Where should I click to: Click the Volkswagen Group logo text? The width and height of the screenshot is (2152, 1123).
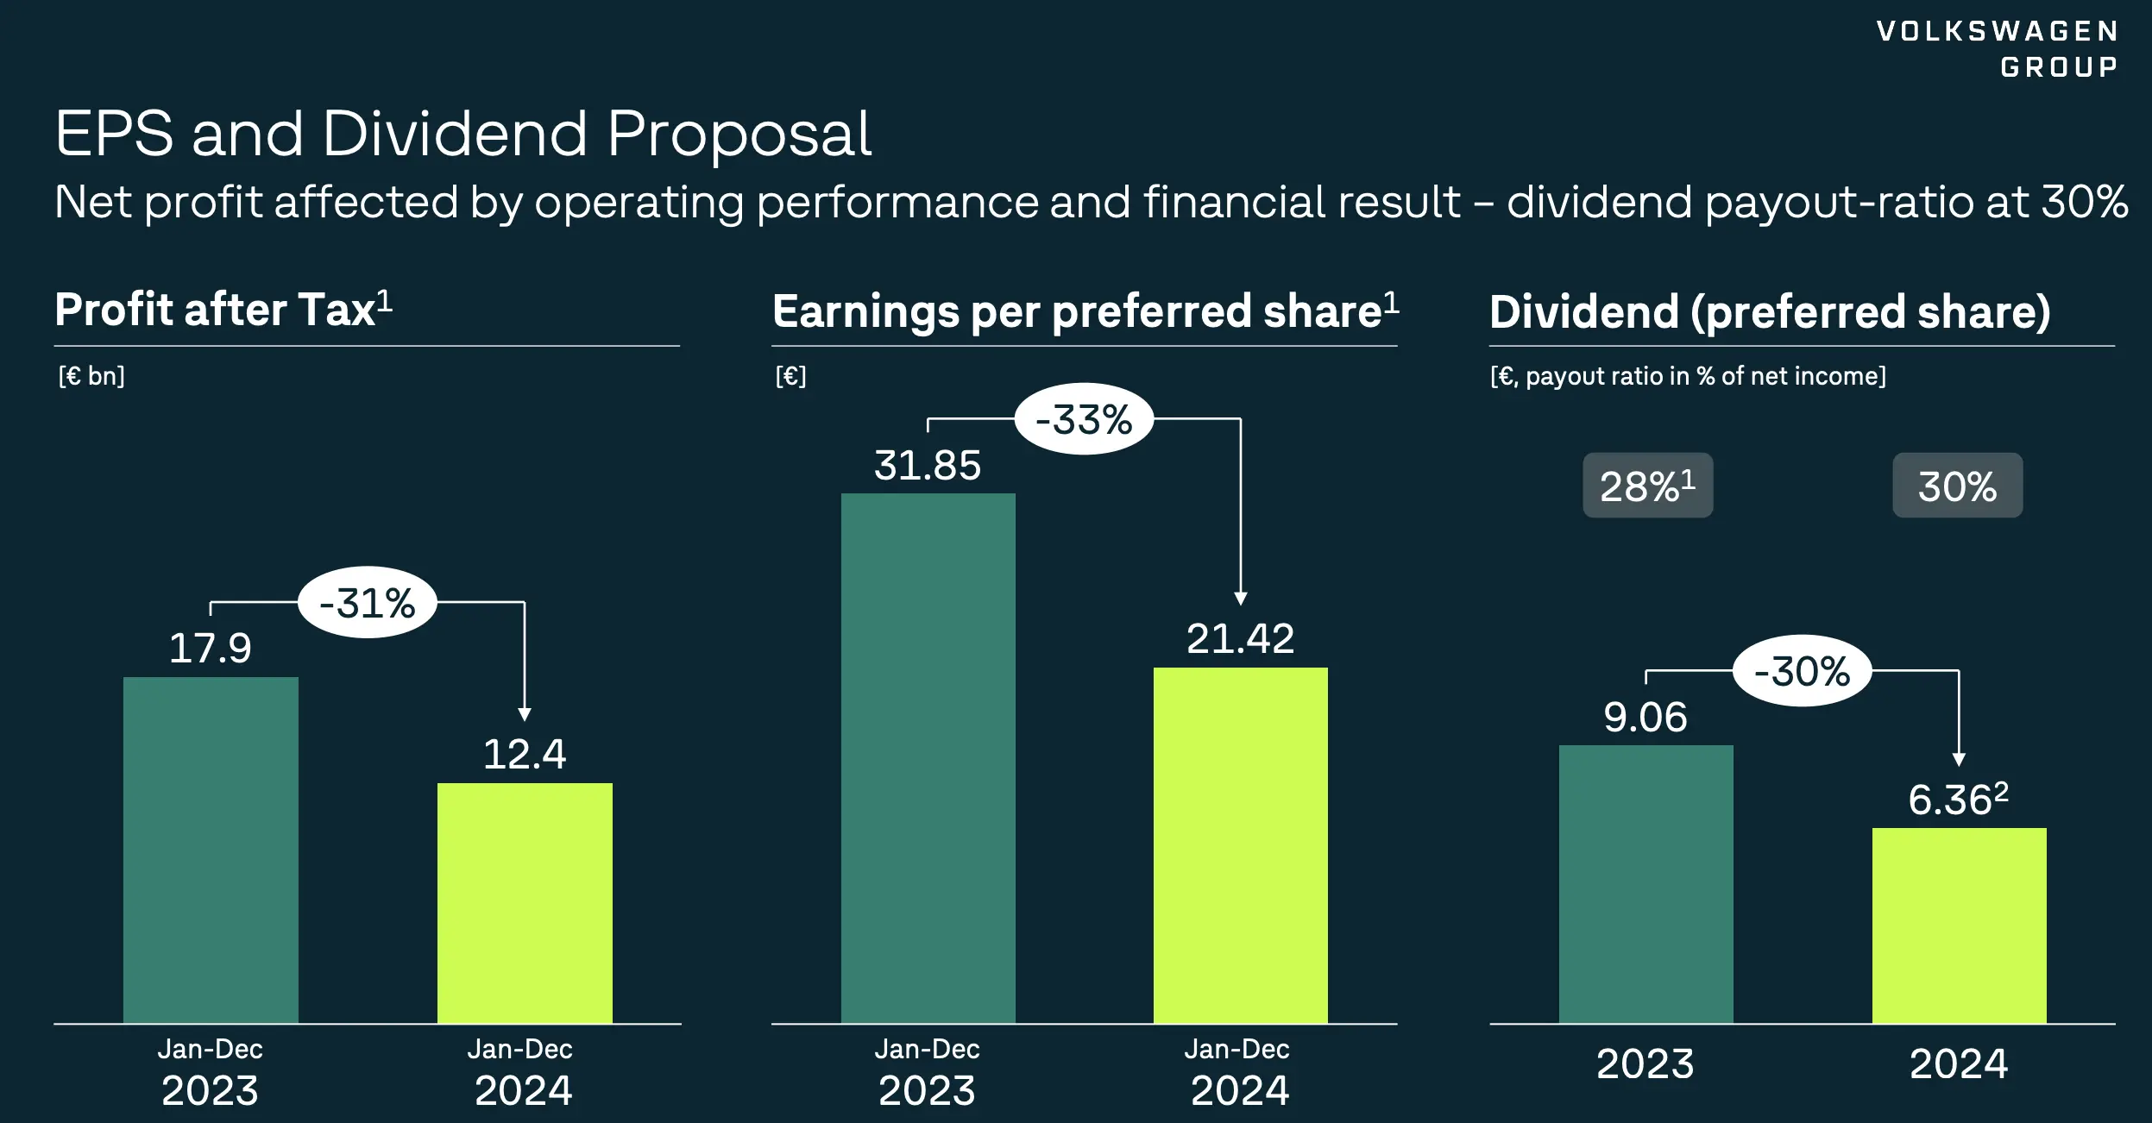point(1997,48)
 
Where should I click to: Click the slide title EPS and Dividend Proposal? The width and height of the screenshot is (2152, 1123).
point(463,135)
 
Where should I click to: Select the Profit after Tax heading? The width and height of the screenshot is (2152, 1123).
point(223,310)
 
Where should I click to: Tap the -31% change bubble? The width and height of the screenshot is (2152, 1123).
point(368,603)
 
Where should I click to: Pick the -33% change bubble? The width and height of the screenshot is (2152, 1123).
point(1084,420)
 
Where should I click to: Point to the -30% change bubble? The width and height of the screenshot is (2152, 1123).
point(1802,671)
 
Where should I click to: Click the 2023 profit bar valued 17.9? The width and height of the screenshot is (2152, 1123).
point(211,850)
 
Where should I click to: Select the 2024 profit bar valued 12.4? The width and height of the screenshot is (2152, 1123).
point(525,902)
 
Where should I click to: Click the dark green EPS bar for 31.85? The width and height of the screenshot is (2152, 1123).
point(928,758)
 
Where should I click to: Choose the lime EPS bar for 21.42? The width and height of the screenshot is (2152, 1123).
point(1240,845)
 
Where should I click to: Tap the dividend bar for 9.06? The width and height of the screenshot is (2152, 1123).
point(1645,884)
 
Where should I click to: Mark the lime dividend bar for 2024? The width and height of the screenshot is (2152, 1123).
point(1959,925)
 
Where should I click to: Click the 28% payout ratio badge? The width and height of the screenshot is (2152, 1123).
point(1647,486)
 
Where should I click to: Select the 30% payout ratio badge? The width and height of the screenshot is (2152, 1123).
point(1957,486)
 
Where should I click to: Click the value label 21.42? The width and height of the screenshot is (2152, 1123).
point(1240,639)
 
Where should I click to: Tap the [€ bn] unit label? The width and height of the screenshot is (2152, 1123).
point(91,376)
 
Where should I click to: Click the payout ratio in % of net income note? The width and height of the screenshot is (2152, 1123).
point(1688,376)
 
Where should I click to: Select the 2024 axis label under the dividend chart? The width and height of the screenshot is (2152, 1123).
point(1958,1063)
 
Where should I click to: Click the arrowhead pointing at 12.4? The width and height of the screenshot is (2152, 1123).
point(525,714)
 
